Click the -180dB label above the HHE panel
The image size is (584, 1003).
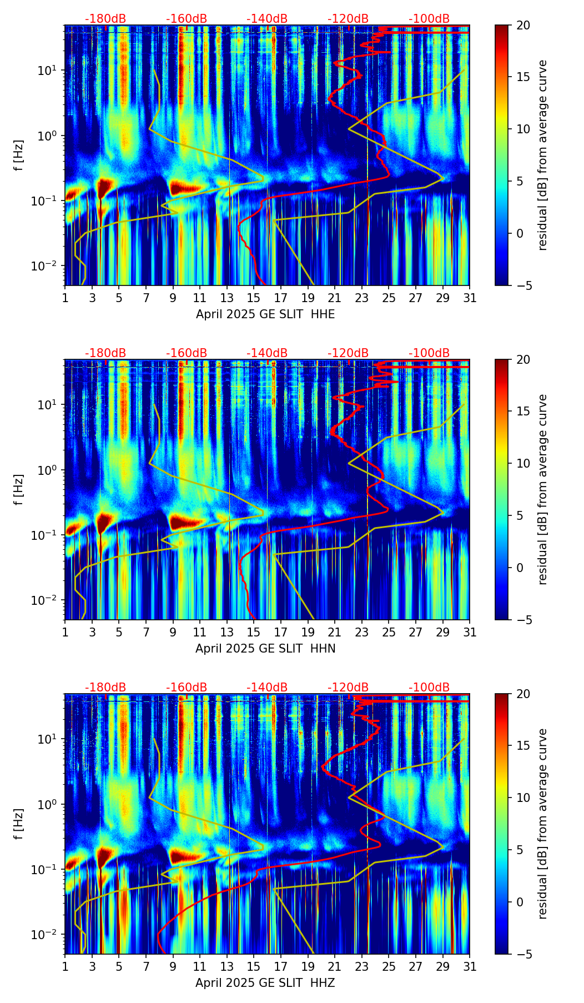(105, 19)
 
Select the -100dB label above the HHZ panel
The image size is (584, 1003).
(429, 688)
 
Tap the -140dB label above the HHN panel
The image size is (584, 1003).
(267, 353)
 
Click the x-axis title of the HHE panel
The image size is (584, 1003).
(265, 314)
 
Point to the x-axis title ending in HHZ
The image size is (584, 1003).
(265, 983)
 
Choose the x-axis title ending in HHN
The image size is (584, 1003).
(265, 649)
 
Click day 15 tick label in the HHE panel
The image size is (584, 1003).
(254, 298)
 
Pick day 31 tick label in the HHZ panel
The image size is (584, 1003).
(470, 967)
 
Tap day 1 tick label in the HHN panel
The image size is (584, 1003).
(65, 633)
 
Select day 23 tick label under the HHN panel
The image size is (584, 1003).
(362, 633)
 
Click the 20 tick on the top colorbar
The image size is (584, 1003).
(523, 26)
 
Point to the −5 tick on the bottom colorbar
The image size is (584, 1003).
(523, 954)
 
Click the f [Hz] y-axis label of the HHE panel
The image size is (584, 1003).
(19, 156)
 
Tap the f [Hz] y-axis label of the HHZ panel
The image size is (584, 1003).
(19, 824)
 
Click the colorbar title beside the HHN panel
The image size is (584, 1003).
(543, 489)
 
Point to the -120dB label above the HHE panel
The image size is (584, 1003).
(348, 19)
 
